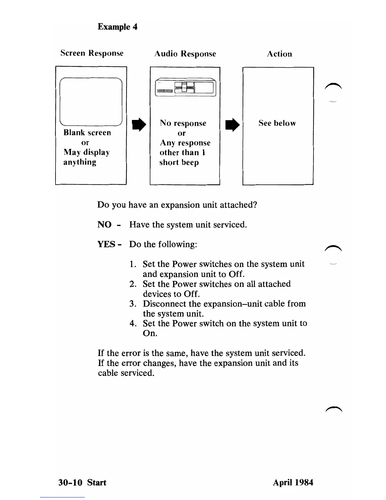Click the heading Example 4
click(x=117, y=27)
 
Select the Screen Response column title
click(x=92, y=53)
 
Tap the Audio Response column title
click(x=185, y=54)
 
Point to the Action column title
click(x=279, y=54)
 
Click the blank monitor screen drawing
click(x=91, y=101)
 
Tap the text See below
click(x=277, y=123)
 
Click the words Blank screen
click(x=87, y=133)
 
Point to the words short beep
click(x=179, y=163)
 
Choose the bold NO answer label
click(x=104, y=225)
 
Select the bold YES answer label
click(x=106, y=244)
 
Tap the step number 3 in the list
click(x=132, y=304)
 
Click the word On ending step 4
click(x=149, y=333)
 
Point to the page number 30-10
click(x=70, y=483)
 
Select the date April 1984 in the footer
click(x=293, y=483)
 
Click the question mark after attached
click(x=255, y=205)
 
